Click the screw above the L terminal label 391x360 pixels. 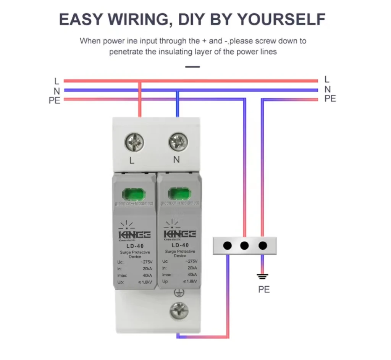134,143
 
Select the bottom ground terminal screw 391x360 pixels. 179,310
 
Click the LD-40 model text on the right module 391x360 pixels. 180,245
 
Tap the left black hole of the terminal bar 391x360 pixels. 227,246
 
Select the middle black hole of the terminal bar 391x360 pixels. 244,246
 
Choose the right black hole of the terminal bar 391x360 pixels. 262,246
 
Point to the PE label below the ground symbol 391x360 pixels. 263,289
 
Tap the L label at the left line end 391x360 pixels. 57,81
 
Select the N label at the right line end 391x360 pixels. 327,89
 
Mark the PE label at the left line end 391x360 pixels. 55,101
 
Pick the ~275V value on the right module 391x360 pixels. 191,262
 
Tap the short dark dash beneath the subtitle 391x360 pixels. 192,67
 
